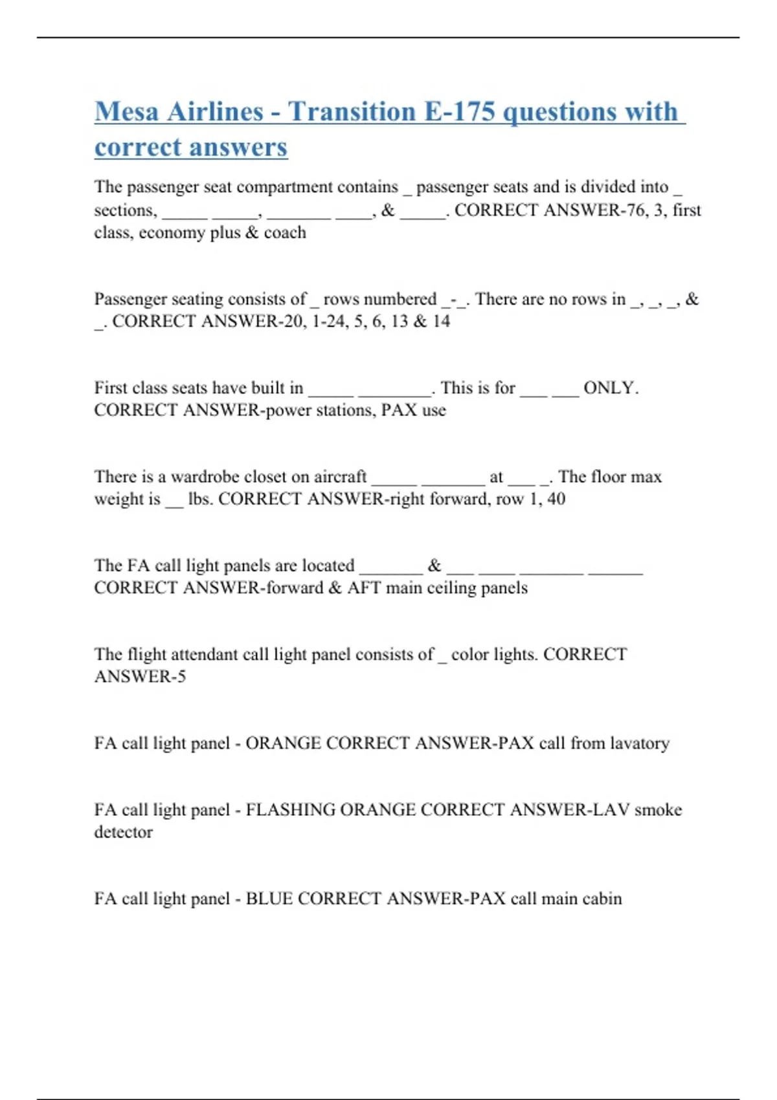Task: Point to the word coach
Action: click(285, 232)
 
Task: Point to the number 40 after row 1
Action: click(556, 499)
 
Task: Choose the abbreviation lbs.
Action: click(199, 499)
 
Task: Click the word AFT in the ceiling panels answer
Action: click(364, 588)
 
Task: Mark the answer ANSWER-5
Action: click(140, 677)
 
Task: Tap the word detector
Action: click(123, 832)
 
